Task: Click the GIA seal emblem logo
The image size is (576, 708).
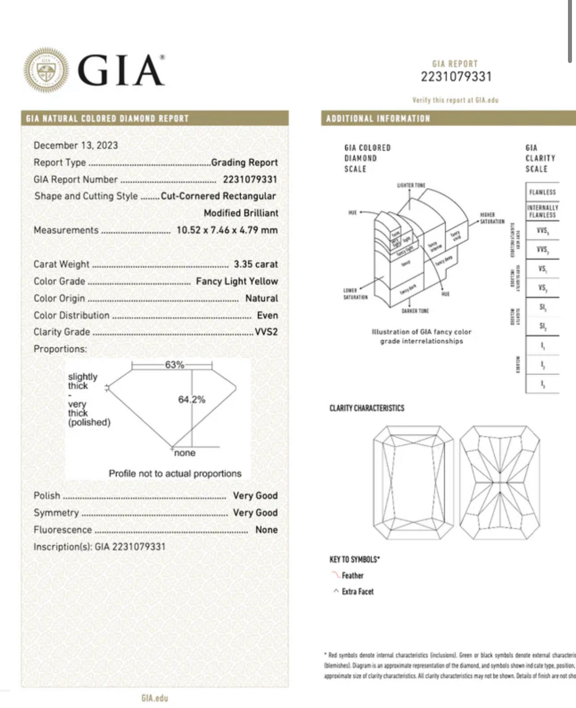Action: click(x=46, y=70)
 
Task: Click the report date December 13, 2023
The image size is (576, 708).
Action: click(x=75, y=145)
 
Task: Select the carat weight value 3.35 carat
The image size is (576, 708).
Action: click(x=255, y=264)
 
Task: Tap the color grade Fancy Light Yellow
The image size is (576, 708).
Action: click(x=237, y=281)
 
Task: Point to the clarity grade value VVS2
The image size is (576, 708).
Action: click(x=266, y=332)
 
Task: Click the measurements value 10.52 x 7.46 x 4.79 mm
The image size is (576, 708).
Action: click(x=227, y=230)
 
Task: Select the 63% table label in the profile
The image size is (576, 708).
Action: click(x=174, y=365)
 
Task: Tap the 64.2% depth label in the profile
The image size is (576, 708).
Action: click(x=192, y=399)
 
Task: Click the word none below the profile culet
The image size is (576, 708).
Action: click(x=185, y=453)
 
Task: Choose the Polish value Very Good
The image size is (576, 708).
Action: click(x=255, y=496)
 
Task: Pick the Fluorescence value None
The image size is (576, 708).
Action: click(x=266, y=530)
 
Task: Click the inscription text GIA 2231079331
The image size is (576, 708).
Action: click(x=130, y=547)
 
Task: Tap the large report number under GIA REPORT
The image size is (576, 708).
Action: click(x=456, y=77)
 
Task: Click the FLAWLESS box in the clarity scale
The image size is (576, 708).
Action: click(x=542, y=192)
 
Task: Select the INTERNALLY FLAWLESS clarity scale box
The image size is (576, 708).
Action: click(x=542, y=211)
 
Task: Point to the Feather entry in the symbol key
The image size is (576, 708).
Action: click(x=352, y=575)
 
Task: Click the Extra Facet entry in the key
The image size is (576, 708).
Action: click(x=357, y=591)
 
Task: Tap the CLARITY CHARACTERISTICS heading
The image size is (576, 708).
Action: click(x=367, y=408)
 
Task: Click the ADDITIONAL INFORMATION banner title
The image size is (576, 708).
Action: click(x=378, y=118)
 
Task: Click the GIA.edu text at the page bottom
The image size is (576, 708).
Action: click(x=154, y=698)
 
